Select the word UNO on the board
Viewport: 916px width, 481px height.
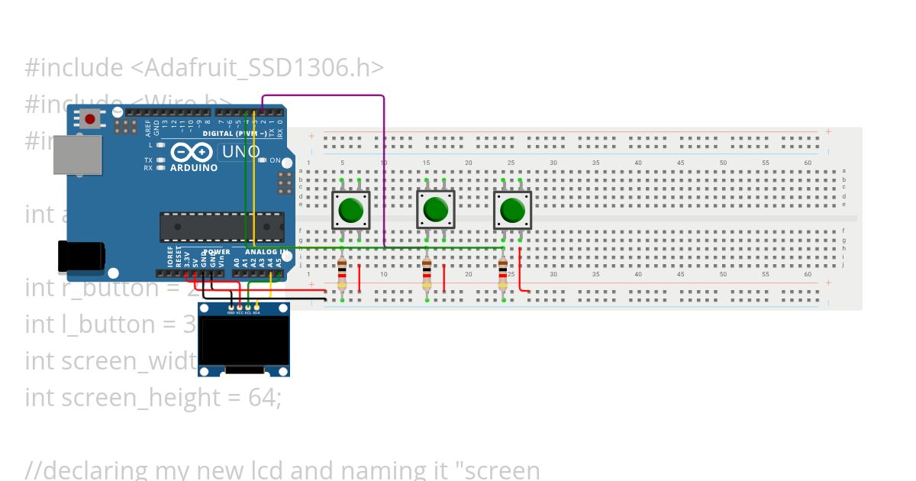(240, 152)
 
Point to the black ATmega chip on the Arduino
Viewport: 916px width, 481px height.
(221, 227)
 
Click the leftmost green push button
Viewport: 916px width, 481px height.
(350, 209)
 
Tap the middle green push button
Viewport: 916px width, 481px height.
(435, 209)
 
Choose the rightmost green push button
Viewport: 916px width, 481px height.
(511, 209)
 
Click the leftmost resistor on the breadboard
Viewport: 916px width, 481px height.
(342, 275)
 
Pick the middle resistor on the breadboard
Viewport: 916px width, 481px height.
(427, 275)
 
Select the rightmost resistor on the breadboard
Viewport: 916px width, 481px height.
(502, 275)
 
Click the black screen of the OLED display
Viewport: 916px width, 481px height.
(244, 341)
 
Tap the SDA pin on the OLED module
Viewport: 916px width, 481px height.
(256, 308)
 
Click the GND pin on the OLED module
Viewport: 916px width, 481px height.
(231, 308)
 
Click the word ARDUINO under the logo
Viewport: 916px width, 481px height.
(194, 167)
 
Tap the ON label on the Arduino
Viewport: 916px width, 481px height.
(276, 160)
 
